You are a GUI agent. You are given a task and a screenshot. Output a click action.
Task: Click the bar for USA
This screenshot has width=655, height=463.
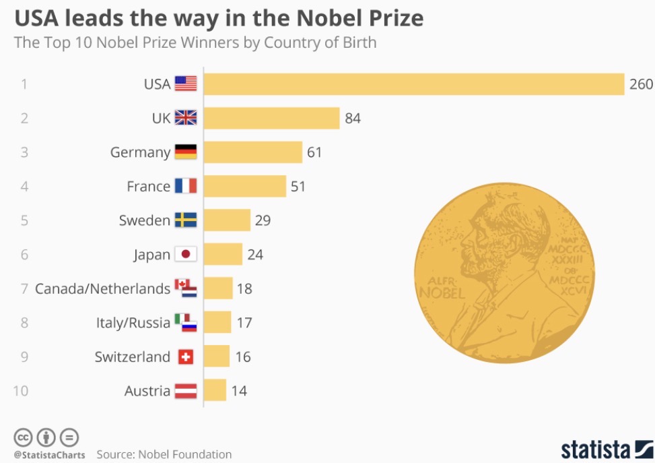point(414,84)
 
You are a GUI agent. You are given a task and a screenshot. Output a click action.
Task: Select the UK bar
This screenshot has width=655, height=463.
point(271,118)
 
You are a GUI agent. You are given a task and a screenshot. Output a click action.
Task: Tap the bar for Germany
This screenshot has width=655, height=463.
point(252,152)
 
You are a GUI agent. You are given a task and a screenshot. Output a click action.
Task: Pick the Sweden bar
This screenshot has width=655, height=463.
point(227,220)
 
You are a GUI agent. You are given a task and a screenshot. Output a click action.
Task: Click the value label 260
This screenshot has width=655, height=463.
point(641,84)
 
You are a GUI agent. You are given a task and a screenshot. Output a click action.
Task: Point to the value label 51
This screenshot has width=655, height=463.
point(298,186)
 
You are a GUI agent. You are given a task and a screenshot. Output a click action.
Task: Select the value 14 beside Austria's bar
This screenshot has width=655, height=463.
point(239,390)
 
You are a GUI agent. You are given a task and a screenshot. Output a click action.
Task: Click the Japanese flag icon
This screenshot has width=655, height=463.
point(186,254)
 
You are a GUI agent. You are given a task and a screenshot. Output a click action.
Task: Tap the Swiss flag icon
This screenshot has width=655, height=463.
point(186,357)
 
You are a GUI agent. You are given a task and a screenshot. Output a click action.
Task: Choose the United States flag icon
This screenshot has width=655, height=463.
point(186,84)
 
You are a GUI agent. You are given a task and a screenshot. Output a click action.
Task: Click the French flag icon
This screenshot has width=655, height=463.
point(186,186)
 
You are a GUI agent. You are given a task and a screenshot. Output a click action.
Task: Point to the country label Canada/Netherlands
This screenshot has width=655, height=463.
point(102,288)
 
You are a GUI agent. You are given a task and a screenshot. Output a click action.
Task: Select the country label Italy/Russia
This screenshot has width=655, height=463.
point(133,323)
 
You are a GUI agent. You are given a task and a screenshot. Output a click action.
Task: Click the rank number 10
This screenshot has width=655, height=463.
point(21,390)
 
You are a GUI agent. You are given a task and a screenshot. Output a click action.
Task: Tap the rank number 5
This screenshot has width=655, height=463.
point(24,220)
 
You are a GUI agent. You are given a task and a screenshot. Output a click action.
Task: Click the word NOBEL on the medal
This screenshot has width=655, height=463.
point(442,293)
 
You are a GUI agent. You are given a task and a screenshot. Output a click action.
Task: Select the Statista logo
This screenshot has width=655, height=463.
point(606,449)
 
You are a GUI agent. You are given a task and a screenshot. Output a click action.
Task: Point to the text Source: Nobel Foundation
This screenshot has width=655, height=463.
point(164,454)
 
